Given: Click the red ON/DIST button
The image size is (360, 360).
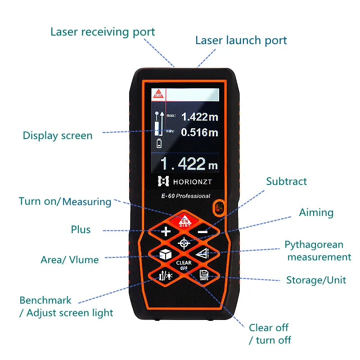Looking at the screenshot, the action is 184,220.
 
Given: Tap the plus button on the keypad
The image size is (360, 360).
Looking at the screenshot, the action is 166,232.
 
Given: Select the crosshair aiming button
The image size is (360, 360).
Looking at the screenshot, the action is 184,243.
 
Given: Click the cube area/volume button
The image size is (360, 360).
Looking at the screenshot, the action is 165,255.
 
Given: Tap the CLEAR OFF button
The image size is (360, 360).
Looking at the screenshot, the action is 184,265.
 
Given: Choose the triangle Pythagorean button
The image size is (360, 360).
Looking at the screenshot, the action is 203,254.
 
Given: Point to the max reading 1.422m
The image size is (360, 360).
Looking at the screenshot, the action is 199,117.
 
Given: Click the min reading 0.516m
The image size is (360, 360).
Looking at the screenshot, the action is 199,132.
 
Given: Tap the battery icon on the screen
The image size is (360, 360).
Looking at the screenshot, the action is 158,144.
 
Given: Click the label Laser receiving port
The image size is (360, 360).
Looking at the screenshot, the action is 103,32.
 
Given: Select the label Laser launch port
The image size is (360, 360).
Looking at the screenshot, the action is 241,40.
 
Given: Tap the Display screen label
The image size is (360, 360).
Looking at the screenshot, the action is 58,135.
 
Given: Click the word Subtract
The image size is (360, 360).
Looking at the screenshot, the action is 286,181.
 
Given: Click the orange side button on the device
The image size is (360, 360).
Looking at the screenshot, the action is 219,208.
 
